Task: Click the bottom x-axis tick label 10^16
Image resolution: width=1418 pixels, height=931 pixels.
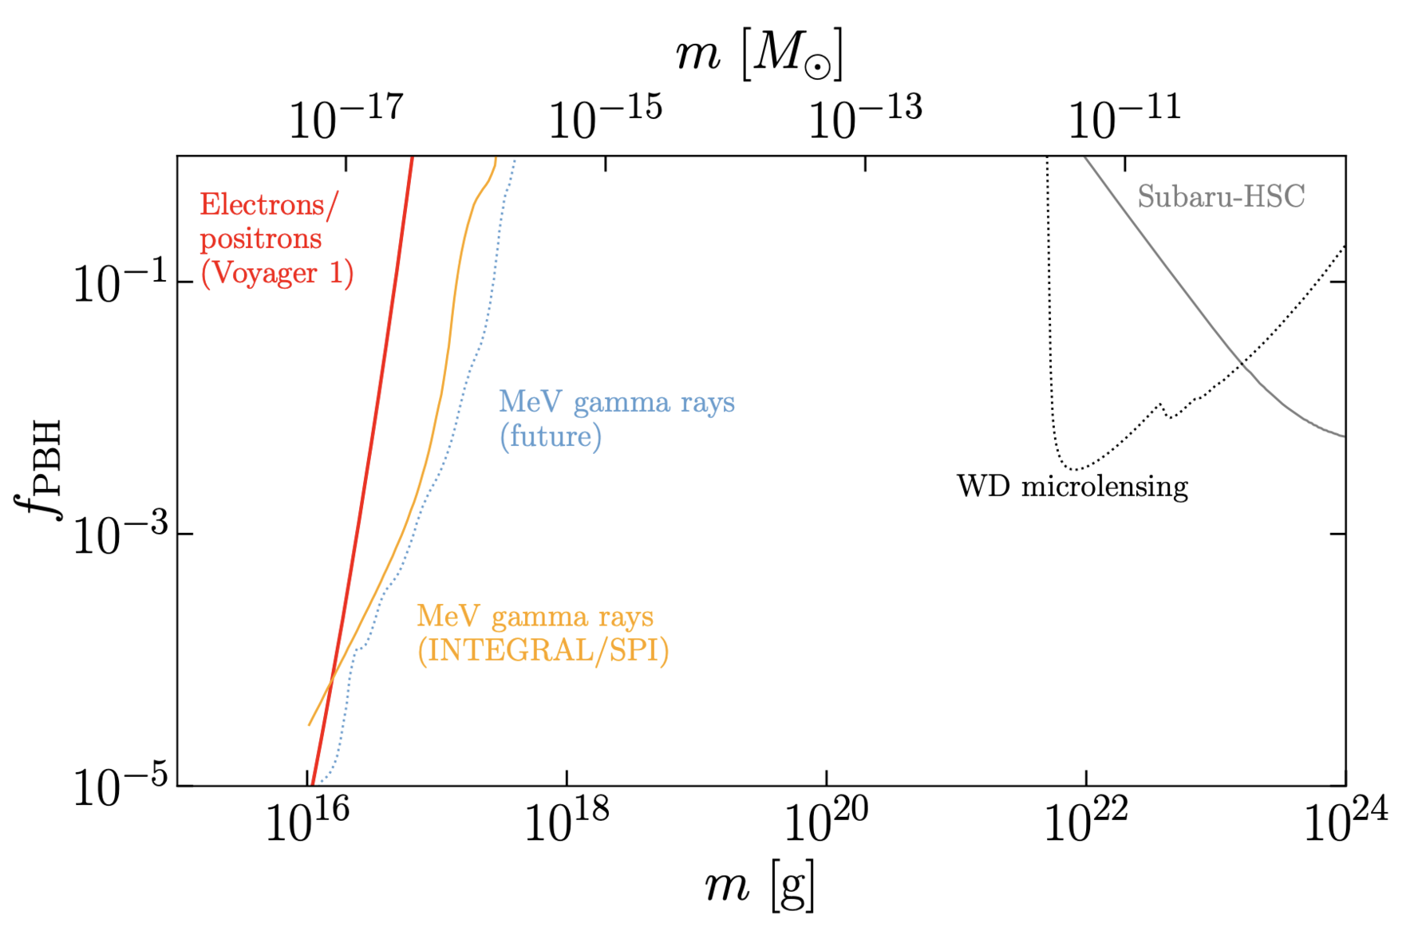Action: click(x=308, y=822)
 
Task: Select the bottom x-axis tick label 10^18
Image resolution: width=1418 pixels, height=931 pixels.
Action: click(x=567, y=822)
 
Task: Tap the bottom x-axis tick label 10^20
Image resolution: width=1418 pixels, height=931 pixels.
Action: click(x=826, y=822)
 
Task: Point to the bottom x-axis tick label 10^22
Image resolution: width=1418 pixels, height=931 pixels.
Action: click(x=1086, y=822)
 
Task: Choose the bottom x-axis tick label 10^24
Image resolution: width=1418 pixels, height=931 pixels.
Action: click(x=1345, y=822)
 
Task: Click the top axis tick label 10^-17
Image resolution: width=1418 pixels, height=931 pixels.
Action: click(x=346, y=118)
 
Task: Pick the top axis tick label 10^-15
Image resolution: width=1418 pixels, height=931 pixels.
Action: click(x=605, y=118)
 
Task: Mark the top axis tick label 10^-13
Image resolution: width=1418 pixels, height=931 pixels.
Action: click(x=865, y=118)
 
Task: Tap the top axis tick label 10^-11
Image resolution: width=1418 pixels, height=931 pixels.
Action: click(x=1124, y=118)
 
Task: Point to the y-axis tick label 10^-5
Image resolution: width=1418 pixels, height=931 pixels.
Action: click(x=120, y=787)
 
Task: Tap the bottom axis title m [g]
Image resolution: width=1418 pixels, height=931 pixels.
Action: click(x=760, y=886)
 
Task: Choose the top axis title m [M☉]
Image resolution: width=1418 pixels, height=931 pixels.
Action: click(x=759, y=54)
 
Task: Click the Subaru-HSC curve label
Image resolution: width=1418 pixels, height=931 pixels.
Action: click(x=1221, y=196)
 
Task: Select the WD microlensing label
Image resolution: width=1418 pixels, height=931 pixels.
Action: click(x=1072, y=486)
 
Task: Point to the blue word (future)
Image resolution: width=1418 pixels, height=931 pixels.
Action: click(x=551, y=436)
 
